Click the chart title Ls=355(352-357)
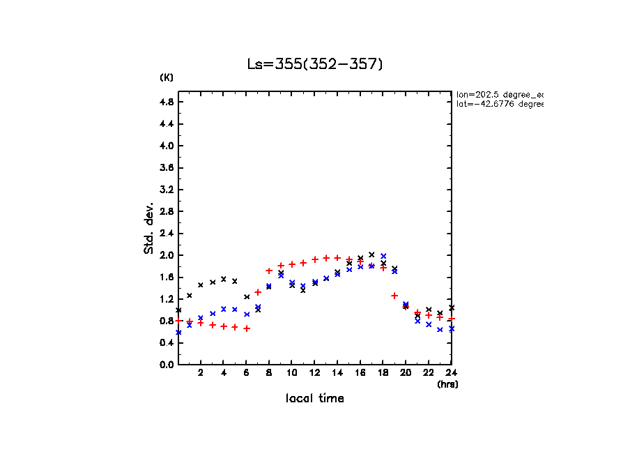tap(315, 64)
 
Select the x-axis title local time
tap(315, 399)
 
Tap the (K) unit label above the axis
tap(167, 77)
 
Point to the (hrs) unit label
tap(447, 384)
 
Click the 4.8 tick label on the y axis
tap(166, 102)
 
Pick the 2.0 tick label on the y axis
tap(166, 255)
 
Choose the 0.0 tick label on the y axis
tap(166, 365)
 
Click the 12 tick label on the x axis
tap(315, 372)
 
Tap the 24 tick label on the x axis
tap(452, 372)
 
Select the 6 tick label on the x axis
tap(246, 372)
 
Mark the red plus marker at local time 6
tap(247, 328)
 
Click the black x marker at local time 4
tap(224, 279)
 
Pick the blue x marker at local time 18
tap(383, 256)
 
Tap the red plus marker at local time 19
tap(394, 296)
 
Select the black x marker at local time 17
tap(371, 254)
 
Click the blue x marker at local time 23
tap(440, 329)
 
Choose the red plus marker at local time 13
tap(326, 258)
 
